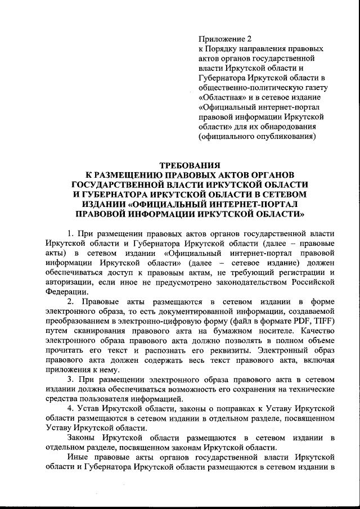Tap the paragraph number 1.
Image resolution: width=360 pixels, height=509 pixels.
(70, 233)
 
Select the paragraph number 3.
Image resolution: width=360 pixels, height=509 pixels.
(70, 381)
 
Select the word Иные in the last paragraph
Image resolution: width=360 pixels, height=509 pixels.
(78, 458)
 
